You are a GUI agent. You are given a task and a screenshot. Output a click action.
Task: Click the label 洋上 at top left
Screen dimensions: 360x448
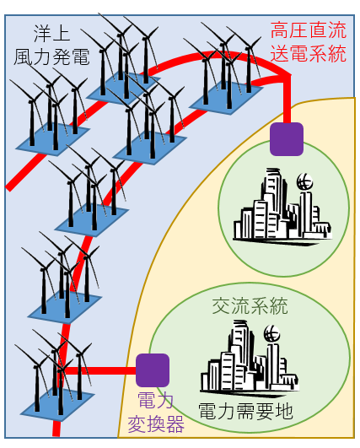51,34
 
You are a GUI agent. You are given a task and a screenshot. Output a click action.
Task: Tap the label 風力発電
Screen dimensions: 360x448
51,57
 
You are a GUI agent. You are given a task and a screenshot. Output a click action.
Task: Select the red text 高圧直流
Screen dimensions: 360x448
309,30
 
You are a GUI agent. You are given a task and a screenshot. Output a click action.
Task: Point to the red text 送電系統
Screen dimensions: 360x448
309,53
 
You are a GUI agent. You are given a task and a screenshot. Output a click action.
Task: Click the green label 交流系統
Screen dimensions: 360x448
250,306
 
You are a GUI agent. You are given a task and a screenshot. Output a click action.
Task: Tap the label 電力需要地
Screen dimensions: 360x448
245,412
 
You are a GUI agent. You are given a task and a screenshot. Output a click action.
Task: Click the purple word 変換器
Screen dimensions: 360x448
156,424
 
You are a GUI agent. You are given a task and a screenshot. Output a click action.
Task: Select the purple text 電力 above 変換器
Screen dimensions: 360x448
156,401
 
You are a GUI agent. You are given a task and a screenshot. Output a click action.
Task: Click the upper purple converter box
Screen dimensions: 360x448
287,139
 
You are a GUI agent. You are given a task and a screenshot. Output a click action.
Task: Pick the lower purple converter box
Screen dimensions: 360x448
153,370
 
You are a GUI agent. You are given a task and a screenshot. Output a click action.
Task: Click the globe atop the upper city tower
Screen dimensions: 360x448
304,181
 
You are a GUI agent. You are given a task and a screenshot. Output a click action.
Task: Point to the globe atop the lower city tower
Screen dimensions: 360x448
271,333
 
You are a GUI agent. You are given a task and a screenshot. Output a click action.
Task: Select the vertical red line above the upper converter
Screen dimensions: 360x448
287,100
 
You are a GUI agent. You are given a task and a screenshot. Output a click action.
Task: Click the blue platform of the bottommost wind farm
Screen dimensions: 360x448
57,404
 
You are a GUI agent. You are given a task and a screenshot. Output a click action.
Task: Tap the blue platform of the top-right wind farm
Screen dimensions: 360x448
226,98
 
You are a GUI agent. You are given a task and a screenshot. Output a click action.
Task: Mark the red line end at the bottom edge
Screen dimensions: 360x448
56,435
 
